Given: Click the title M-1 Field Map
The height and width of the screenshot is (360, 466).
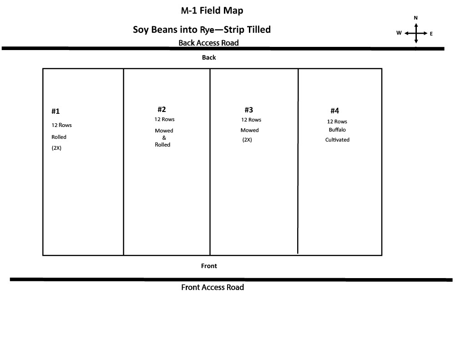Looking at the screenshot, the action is tap(212, 10).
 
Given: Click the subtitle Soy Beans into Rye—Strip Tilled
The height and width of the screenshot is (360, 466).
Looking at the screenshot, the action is tap(202, 30).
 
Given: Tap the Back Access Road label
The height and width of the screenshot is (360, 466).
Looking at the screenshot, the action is tap(208, 43).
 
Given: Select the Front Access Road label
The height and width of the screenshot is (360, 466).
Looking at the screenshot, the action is tap(213, 287).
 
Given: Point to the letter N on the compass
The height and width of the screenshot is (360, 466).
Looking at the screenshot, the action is tap(415, 18).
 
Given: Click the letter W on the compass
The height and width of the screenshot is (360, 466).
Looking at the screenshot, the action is tap(399, 33).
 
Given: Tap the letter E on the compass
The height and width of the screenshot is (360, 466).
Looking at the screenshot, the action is tap(431, 34).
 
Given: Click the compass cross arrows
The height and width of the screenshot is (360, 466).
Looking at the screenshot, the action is tap(416, 33).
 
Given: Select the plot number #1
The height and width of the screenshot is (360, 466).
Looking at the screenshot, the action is tap(56, 111).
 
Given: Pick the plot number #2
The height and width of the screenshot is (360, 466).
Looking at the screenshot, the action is tap(162, 109).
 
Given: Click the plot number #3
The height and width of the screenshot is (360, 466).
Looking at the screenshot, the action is tap(249, 110).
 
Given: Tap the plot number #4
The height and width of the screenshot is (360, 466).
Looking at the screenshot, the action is tap(334, 111).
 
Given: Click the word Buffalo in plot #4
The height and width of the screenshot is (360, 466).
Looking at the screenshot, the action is tap(337, 130).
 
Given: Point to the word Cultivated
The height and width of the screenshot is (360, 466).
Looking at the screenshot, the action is tap(337, 140).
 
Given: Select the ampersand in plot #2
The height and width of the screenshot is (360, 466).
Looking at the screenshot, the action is tap(164, 137).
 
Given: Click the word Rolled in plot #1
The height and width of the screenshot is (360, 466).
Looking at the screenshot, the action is tap(59, 137).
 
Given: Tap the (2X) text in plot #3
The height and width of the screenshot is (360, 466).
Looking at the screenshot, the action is tap(247, 140).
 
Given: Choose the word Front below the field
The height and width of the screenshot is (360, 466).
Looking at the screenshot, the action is tap(209, 266).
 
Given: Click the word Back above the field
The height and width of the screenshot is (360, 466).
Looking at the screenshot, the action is tap(209, 57).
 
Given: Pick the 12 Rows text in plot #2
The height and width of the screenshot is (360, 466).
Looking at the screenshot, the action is tap(164, 119).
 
